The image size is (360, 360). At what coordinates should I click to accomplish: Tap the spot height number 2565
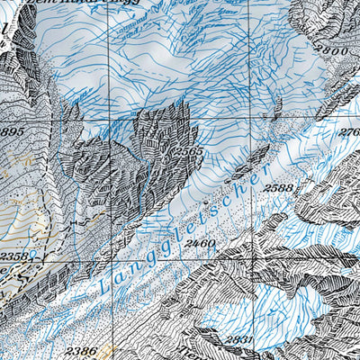[191, 152]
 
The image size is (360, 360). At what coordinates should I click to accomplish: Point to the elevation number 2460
[199, 244]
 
